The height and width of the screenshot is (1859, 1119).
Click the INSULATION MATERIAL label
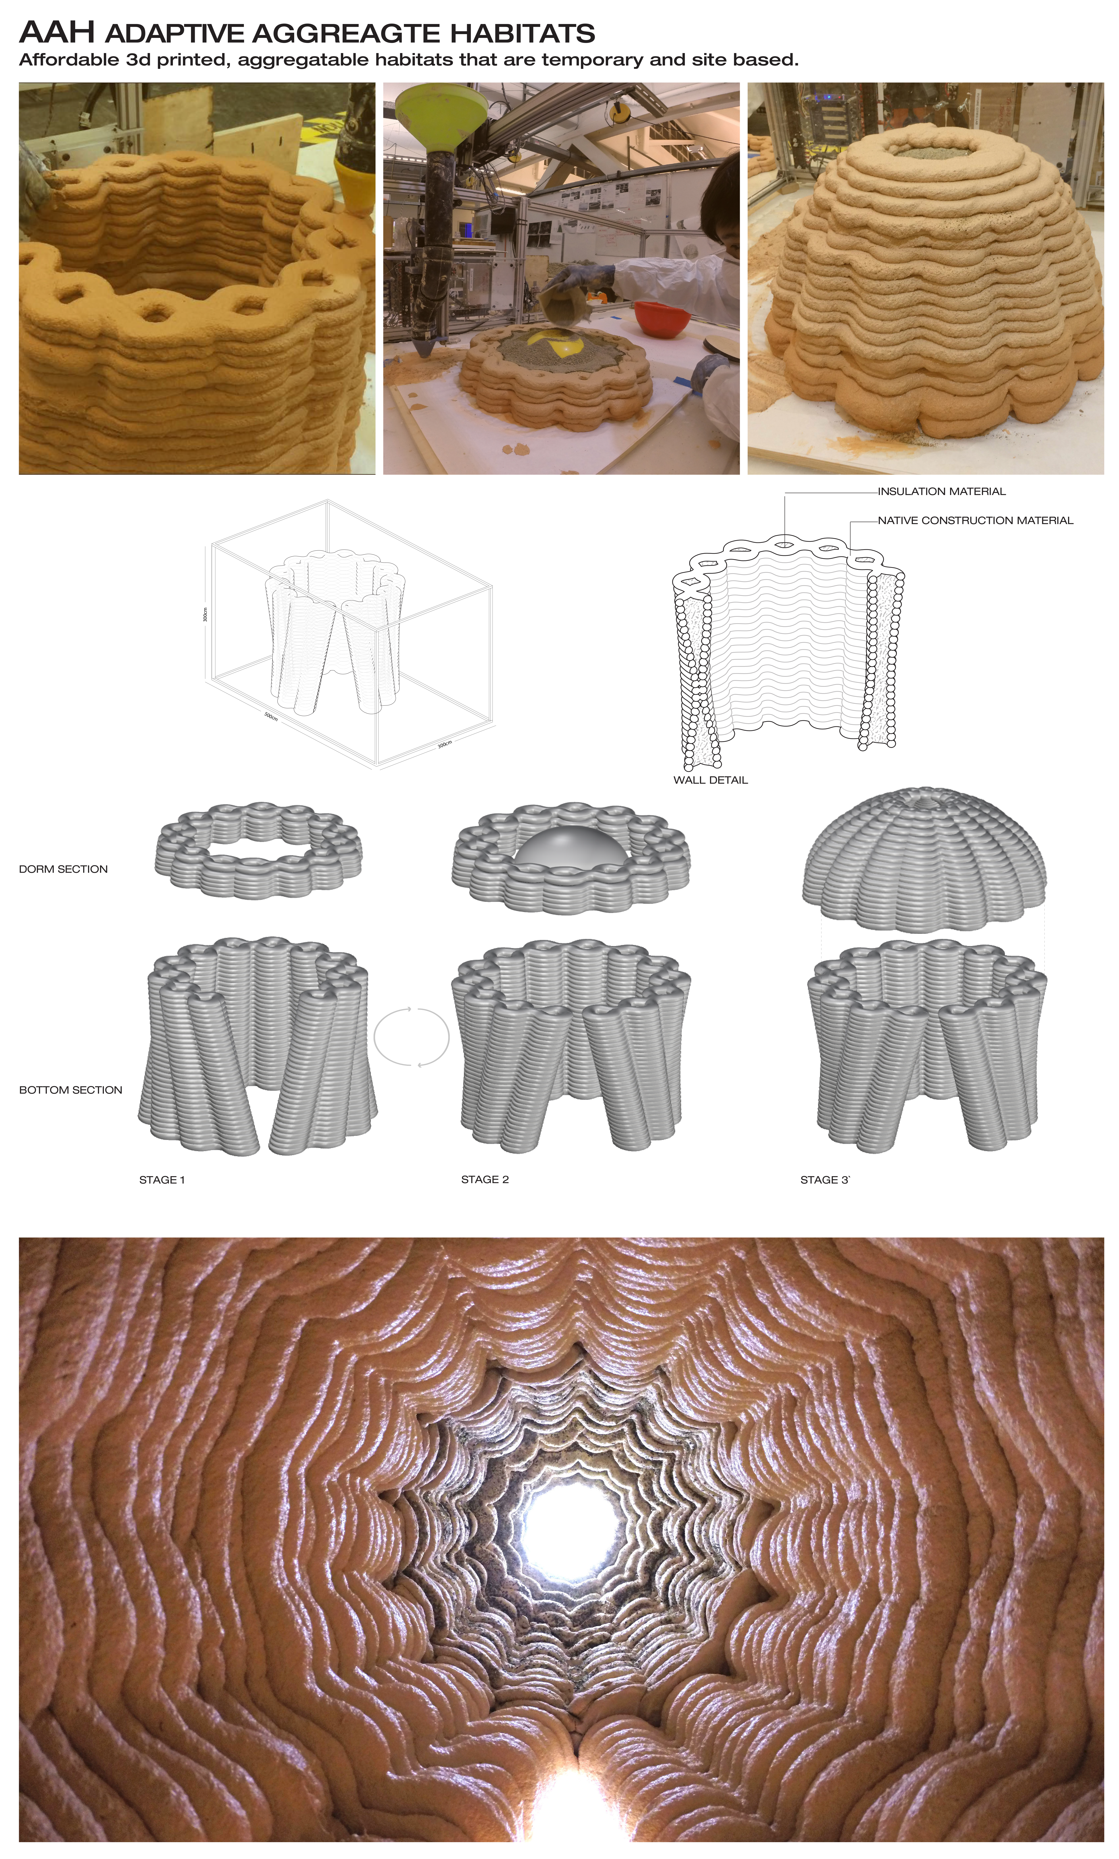[941, 491]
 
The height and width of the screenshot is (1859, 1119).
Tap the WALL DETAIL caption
[710, 780]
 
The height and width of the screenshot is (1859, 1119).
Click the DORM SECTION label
[63, 869]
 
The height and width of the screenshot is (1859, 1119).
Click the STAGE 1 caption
[161, 1180]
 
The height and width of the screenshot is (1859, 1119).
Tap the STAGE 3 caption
[824, 1180]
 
